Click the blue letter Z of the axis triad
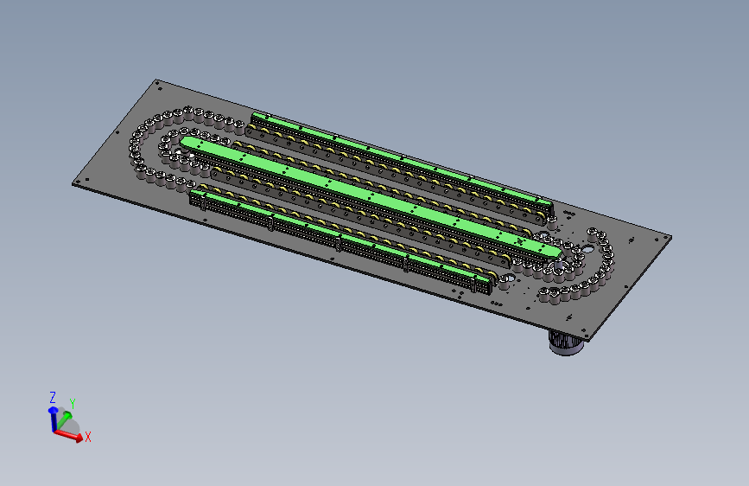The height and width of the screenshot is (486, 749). click(53, 397)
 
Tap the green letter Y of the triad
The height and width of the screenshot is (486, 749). click(73, 403)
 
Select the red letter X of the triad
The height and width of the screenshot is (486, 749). click(87, 436)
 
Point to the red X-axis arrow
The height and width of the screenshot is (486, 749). click(68, 435)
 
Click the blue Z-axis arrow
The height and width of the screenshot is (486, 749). click(53, 419)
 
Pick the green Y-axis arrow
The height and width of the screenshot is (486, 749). click(64, 419)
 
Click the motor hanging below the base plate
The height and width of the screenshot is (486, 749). click(566, 343)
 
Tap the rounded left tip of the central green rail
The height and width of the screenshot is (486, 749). click(183, 142)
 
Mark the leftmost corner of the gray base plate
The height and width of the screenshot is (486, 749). click(73, 183)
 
